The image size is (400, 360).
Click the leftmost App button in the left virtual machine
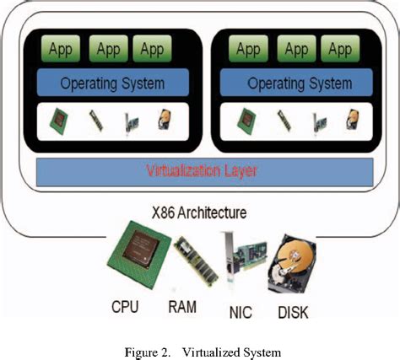(60, 50)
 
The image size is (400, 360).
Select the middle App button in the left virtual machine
(109, 50)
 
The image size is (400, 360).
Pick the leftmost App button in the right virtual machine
(247, 50)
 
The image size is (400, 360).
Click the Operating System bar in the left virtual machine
(112, 83)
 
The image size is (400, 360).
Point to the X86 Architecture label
(200, 213)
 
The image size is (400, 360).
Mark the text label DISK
(293, 313)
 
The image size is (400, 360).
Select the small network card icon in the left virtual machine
(131, 121)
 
